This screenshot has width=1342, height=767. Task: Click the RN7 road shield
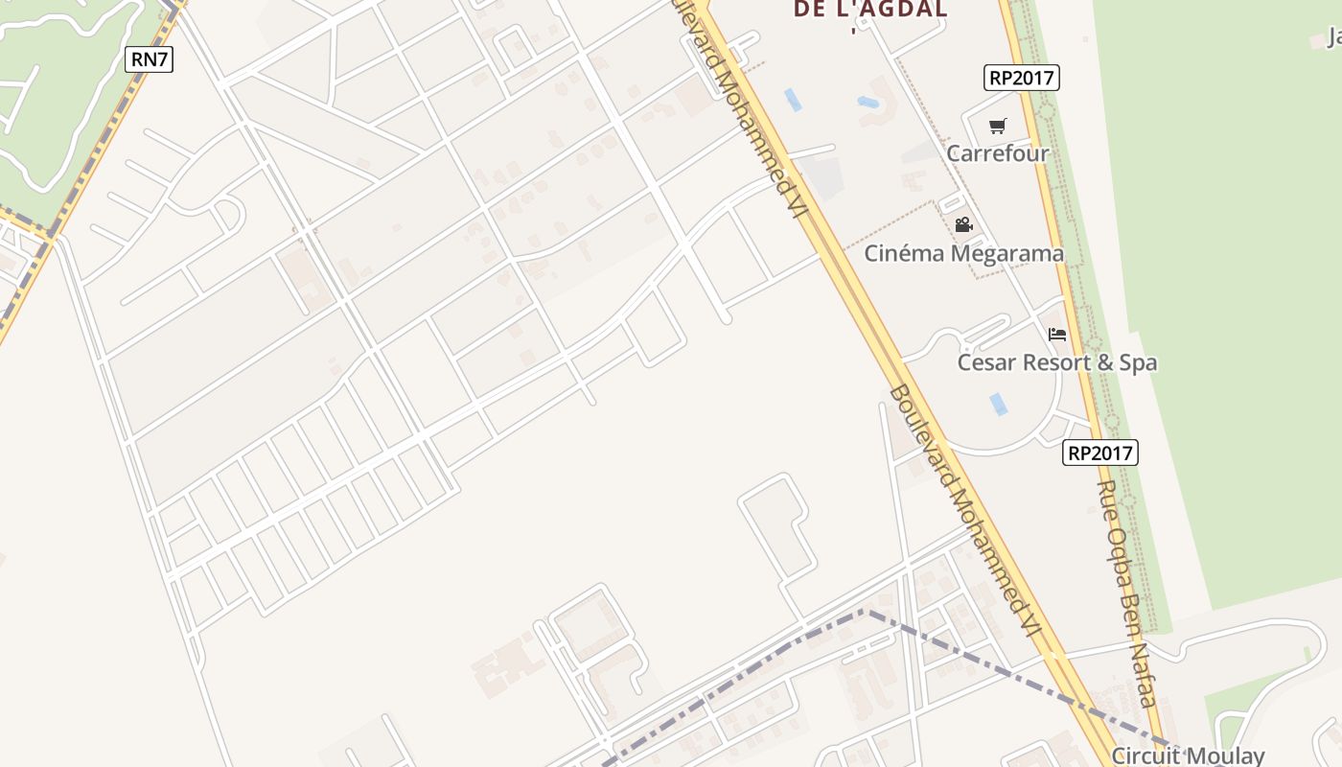pyautogui.click(x=149, y=59)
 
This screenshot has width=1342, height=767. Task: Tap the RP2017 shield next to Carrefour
pyautogui.click(x=1022, y=78)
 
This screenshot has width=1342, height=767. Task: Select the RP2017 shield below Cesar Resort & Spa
pyautogui.click(x=1099, y=453)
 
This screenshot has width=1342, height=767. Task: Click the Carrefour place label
pyautogui.click(x=998, y=153)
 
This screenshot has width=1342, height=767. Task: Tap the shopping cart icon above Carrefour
pyautogui.click(x=998, y=126)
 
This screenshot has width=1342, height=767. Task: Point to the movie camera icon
pyautogui.click(x=963, y=225)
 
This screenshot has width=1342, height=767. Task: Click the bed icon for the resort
pyautogui.click(x=1057, y=335)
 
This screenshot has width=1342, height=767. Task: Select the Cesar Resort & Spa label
pyautogui.click(x=1057, y=363)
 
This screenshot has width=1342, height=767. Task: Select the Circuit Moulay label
pyautogui.click(x=1189, y=755)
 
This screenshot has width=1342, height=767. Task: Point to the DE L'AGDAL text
pyautogui.click(x=870, y=11)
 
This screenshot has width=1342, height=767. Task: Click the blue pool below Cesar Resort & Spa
pyautogui.click(x=999, y=404)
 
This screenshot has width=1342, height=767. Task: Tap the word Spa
pyautogui.click(x=1140, y=363)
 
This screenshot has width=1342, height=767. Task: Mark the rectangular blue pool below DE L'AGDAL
pyautogui.click(x=793, y=100)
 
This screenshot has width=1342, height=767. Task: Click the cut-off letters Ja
pyautogui.click(x=1333, y=38)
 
